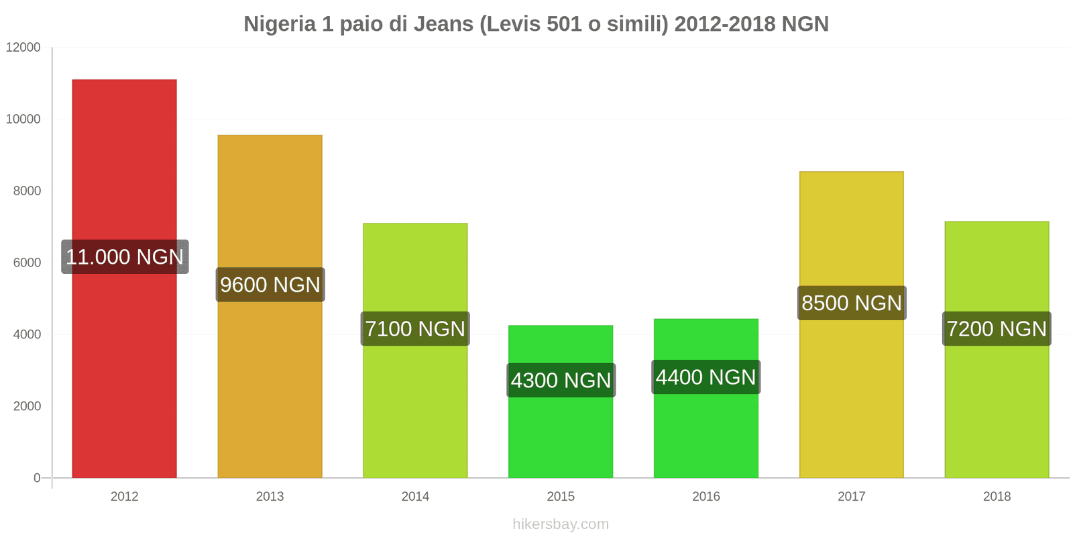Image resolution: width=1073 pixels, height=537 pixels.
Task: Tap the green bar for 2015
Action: [561, 436]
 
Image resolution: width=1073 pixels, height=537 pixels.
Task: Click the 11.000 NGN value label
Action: [125, 256]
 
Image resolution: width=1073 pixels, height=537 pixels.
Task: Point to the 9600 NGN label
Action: [270, 285]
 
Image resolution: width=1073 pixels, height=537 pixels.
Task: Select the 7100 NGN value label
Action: [415, 329]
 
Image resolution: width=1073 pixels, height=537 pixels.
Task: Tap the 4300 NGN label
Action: [561, 381]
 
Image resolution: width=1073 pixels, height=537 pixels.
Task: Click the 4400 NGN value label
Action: [705, 377]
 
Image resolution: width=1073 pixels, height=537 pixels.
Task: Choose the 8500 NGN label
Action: [852, 303]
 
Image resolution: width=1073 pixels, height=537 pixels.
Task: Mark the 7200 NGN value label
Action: [997, 329]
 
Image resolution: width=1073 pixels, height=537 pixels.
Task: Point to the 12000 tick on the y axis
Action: [23, 48]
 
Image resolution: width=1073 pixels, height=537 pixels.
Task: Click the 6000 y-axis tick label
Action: [27, 263]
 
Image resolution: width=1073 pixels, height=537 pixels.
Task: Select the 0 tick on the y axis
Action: [37, 479]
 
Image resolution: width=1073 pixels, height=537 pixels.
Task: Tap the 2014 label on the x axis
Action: [415, 497]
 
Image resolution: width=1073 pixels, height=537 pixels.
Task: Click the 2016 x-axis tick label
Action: [705, 497]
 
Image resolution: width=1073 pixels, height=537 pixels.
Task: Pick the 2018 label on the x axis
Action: [997, 497]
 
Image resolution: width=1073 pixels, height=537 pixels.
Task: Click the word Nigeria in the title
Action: [279, 24]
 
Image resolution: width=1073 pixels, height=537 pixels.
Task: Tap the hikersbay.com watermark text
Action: [561, 524]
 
